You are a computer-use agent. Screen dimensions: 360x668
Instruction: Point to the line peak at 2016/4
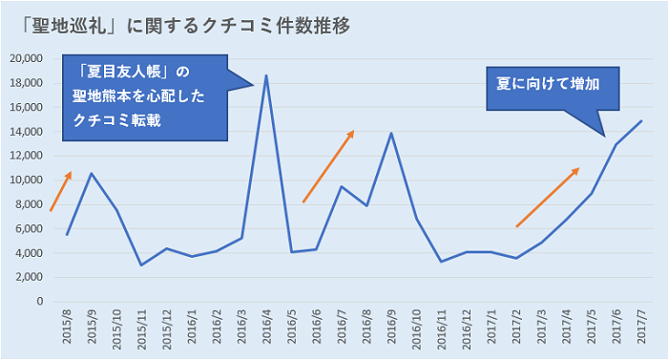tap(265, 75)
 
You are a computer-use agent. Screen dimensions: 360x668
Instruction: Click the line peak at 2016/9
tap(390, 133)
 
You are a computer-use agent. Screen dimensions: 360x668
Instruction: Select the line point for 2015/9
tap(91, 173)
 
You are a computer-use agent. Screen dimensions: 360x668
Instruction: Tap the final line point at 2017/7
tap(640, 121)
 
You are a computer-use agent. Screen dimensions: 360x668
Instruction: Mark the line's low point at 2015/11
tap(140, 265)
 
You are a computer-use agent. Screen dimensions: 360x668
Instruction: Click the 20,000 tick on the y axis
tap(26, 58)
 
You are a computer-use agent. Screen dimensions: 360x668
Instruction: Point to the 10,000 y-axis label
tap(26, 180)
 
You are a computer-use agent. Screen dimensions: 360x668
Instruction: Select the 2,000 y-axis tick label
tap(29, 277)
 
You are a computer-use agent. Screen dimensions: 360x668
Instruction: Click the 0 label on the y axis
tap(39, 302)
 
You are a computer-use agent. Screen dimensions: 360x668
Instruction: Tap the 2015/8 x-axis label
tap(66, 329)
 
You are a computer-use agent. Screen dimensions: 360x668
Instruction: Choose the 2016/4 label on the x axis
tap(265, 329)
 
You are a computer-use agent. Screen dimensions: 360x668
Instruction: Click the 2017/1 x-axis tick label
tap(491, 329)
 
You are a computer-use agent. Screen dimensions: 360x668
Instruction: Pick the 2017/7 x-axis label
tap(640, 329)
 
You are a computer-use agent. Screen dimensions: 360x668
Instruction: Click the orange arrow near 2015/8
tap(60, 192)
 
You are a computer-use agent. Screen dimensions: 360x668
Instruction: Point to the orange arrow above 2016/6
tap(328, 166)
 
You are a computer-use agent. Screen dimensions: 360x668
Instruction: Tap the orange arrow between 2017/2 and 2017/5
tap(548, 198)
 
